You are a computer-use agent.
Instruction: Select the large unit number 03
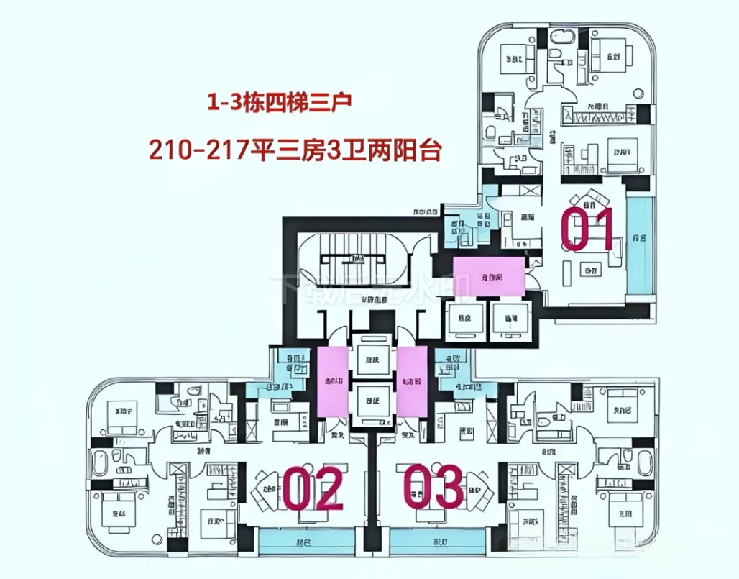433,487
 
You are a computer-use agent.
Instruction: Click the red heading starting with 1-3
279,102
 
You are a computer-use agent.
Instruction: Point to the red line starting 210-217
294,150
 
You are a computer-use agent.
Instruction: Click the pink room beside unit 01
489,277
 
